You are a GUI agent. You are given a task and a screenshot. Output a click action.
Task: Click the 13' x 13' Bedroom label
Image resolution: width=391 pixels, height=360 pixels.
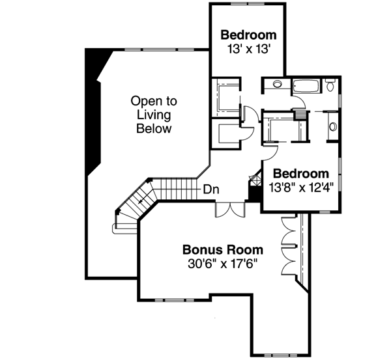coord(248,35)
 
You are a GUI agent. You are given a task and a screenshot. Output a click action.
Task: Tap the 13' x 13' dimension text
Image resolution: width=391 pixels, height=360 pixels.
coord(248,49)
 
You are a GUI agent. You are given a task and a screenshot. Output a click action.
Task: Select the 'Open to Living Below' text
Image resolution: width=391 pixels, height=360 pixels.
coord(154,115)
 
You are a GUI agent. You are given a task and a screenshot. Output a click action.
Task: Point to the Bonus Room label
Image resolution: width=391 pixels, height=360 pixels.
coord(222,249)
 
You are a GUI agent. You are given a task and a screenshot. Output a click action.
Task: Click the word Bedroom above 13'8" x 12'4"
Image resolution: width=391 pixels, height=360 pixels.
coord(300,174)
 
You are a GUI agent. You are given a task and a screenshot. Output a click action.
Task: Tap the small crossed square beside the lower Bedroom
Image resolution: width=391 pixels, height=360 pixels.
coord(253,177)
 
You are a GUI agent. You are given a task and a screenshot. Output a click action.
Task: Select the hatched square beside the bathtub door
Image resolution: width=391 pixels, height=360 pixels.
coord(300,115)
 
